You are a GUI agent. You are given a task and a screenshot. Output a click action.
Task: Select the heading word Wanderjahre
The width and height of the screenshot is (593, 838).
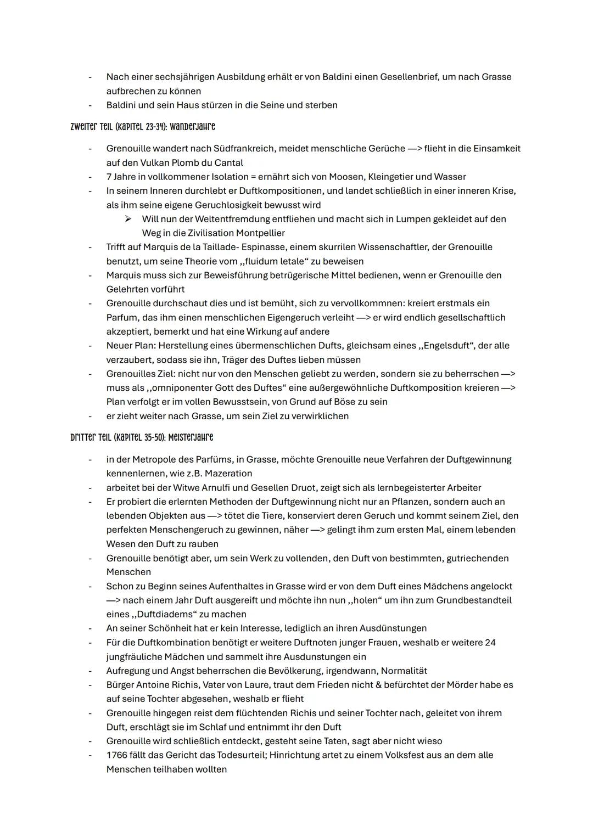pos(192,127)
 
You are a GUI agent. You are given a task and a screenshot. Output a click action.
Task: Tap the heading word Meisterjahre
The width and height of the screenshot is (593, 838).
pos(192,437)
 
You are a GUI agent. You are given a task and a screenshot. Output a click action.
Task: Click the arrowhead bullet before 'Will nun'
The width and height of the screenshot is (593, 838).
pos(128,219)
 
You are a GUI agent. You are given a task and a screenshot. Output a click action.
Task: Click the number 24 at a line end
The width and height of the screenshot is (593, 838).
pos(490,643)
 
